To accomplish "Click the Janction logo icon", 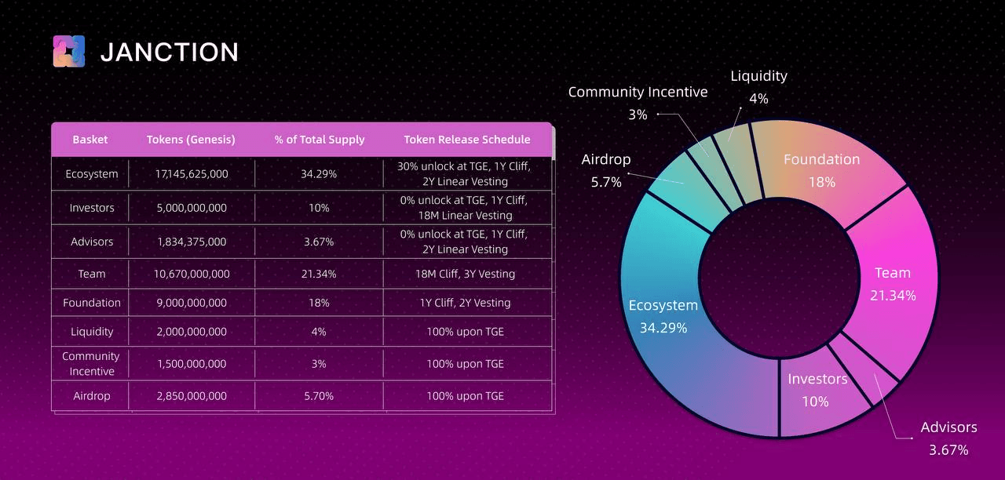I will (x=68, y=52).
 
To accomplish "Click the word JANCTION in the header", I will (x=170, y=53).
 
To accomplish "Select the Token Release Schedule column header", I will (x=466, y=140).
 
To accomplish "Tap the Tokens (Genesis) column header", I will (x=191, y=140).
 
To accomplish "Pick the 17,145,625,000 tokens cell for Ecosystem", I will (x=192, y=174).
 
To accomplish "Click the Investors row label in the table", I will (x=92, y=208).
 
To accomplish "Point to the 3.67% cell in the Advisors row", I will (x=318, y=242).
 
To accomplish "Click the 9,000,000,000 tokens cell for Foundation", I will (x=192, y=303).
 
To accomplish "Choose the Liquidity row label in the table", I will (x=92, y=332).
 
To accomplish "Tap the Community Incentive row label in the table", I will (x=91, y=364).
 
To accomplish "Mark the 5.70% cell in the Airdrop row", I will (x=318, y=396).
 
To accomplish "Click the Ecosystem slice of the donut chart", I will (x=667, y=329).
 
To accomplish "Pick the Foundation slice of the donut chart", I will (x=824, y=173).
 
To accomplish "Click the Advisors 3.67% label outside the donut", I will (x=948, y=438).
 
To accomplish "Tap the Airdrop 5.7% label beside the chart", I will (x=605, y=170).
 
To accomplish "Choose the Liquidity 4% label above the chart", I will (x=758, y=86).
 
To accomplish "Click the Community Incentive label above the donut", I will (x=638, y=93).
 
